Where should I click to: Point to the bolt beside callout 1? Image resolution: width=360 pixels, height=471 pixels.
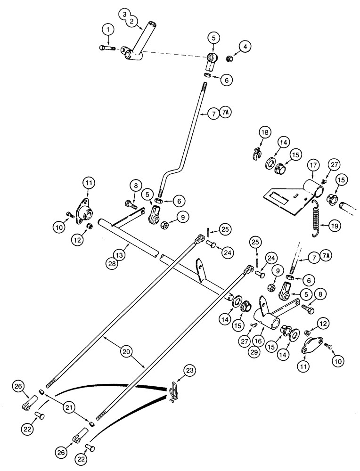[x=107, y=48]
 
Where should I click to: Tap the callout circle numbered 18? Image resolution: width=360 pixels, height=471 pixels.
[x=265, y=132]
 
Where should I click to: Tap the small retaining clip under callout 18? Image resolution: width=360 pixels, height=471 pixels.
[x=256, y=152]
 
